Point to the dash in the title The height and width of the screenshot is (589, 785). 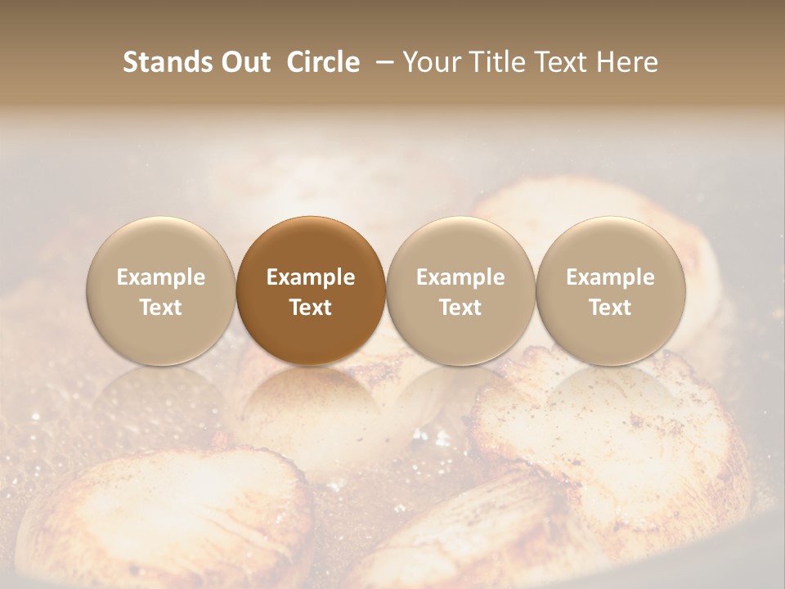point(381,63)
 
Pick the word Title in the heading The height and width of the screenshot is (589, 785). point(499,63)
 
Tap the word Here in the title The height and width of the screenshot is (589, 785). point(629,63)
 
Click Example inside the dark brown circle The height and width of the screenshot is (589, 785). point(311,277)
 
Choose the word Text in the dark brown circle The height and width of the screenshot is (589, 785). point(311,308)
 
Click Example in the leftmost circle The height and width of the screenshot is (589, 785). point(161,277)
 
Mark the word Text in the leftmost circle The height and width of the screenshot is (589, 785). point(161,308)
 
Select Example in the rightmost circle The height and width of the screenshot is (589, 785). point(610,277)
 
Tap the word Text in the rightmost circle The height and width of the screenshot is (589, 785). point(610,308)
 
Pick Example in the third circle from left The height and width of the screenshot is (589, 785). point(460,277)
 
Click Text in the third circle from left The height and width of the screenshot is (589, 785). point(460,308)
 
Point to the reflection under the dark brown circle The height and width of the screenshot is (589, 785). point(311,401)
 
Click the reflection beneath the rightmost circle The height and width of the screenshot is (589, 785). point(610,401)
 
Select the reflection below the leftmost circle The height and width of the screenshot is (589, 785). point(161,401)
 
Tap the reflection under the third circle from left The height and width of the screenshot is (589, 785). point(460,401)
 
